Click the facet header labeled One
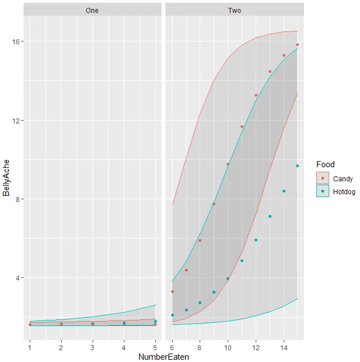(93, 10)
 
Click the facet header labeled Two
(234, 10)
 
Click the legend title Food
(325, 164)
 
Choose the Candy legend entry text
(343, 179)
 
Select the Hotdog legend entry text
(344, 191)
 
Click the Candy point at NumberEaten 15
(298, 45)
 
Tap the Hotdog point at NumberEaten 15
(298, 166)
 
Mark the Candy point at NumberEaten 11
(242, 127)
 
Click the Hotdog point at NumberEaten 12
(256, 240)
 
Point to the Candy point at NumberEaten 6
(172, 291)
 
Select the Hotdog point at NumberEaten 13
(270, 217)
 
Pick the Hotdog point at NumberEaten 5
(155, 322)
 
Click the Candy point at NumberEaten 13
(270, 72)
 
